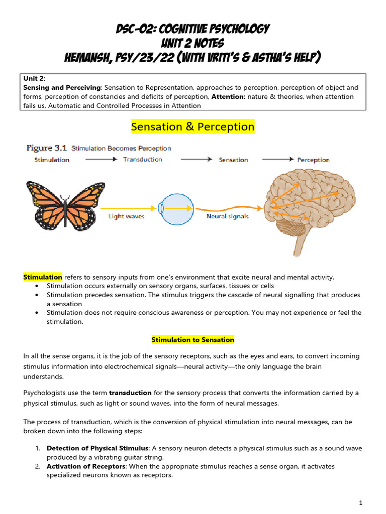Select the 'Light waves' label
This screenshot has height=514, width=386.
127,217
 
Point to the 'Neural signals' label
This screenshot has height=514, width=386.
227,217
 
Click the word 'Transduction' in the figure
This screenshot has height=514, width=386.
142,160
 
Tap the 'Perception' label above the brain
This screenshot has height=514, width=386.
313,160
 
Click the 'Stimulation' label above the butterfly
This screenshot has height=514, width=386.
52,160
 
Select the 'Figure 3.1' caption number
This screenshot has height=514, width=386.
46,148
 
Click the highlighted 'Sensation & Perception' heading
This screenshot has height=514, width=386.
193,127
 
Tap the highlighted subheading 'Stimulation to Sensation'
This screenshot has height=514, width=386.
193,340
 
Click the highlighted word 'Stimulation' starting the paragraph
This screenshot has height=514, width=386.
43,277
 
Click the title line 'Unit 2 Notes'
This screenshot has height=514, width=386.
193,43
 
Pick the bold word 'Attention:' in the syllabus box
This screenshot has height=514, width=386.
229,96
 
